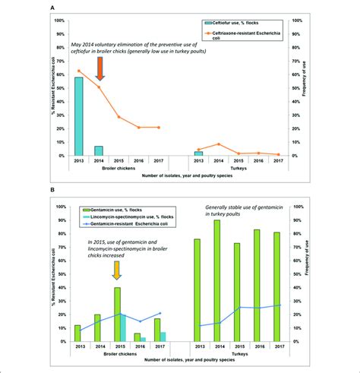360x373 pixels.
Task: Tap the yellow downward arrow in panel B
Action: [116, 270]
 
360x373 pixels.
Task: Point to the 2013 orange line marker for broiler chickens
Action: [78, 71]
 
